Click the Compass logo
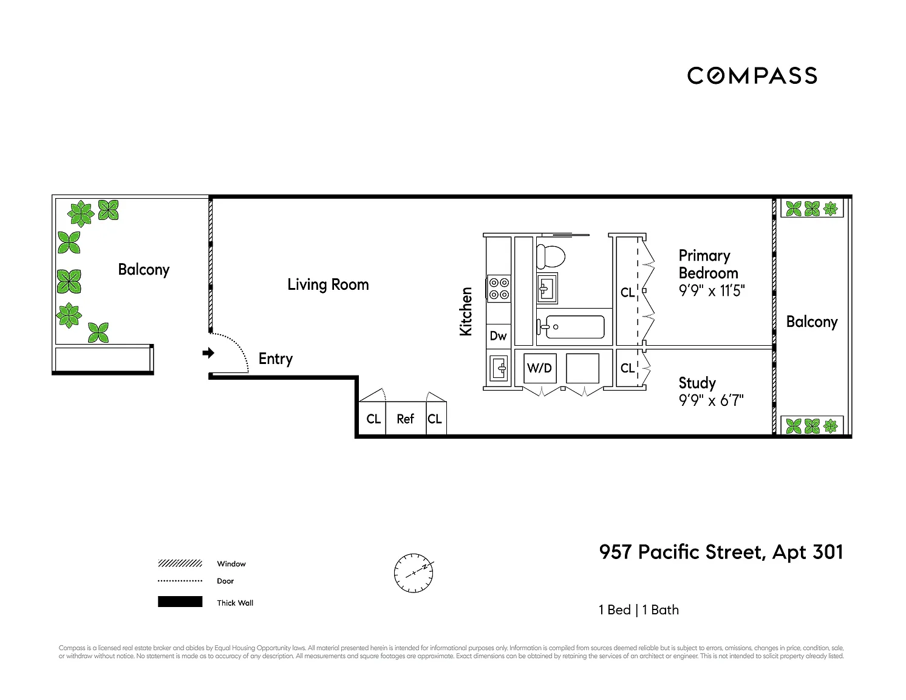pyautogui.click(x=752, y=75)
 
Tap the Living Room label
pyautogui.click(x=328, y=284)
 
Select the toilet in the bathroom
pyautogui.click(x=550, y=256)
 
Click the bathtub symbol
pyautogui.click(x=571, y=327)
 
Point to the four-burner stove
pyautogui.click(x=499, y=288)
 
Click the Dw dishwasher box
pyautogui.click(x=498, y=336)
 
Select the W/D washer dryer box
pyautogui.click(x=539, y=368)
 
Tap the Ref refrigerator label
pyautogui.click(x=405, y=419)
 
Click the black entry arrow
pyautogui.click(x=208, y=353)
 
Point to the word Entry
pyautogui.click(x=276, y=359)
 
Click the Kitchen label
pyautogui.click(x=466, y=311)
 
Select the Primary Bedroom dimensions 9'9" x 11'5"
pyautogui.click(x=712, y=290)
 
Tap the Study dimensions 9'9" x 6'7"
pyautogui.click(x=711, y=400)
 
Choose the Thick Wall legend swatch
pyautogui.click(x=180, y=602)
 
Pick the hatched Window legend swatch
pyautogui.click(x=180, y=564)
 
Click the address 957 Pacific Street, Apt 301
pyautogui.click(x=721, y=552)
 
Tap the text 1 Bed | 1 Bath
pyautogui.click(x=639, y=610)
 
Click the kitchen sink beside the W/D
pyautogui.click(x=499, y=368)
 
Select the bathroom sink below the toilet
pyautogui.click(x=547, y=288)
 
